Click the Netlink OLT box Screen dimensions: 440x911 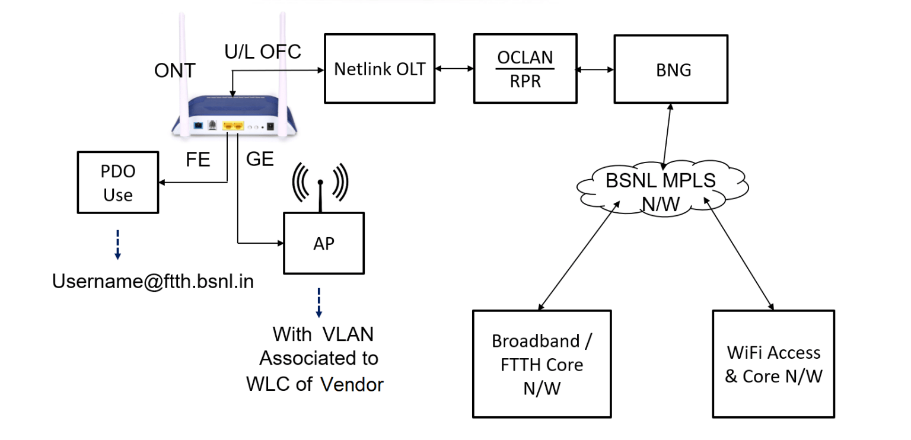tap(379, 69)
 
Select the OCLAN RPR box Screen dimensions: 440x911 tap(525, 69)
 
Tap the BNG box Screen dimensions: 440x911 tap(670, 69)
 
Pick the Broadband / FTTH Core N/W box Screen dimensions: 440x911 tap(541, 364)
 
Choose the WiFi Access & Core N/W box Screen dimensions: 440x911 tap(773, 364)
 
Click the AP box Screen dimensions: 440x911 tap(324, 243)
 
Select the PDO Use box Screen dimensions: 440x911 tap(118, 183)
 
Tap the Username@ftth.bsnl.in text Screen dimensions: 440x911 tap(153, 281)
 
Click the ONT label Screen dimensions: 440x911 tap(174, 71)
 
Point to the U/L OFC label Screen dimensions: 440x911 tap(262, 52)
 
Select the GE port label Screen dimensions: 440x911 tap(260, 160)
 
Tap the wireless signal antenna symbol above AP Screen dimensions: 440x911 tap(320, 183)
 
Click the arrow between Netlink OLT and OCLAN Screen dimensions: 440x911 tap(454, 69)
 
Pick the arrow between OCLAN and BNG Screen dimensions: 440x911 tap(595, 69)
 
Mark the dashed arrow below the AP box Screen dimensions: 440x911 tap(319, 302)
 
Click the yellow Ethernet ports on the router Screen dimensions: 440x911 tap(232, 126)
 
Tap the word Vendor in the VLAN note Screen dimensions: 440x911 tap(352, 384)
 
